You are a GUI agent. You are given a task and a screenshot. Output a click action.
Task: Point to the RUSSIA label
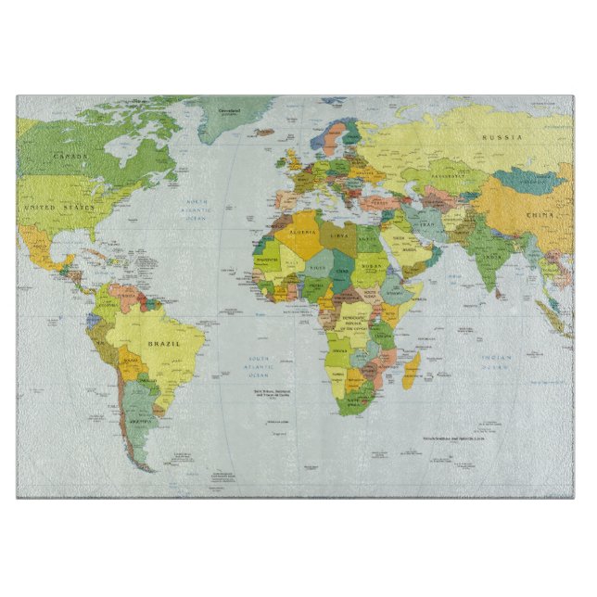point(502,137)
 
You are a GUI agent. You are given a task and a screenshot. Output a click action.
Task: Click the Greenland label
point(230,111)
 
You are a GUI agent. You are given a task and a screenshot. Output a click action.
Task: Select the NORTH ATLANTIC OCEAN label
point(197,208)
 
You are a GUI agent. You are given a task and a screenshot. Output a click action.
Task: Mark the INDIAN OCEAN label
point(496,362)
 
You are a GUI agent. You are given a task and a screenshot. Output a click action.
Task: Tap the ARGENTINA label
point(139,420)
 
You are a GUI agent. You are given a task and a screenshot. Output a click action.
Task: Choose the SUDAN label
point(373,266)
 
